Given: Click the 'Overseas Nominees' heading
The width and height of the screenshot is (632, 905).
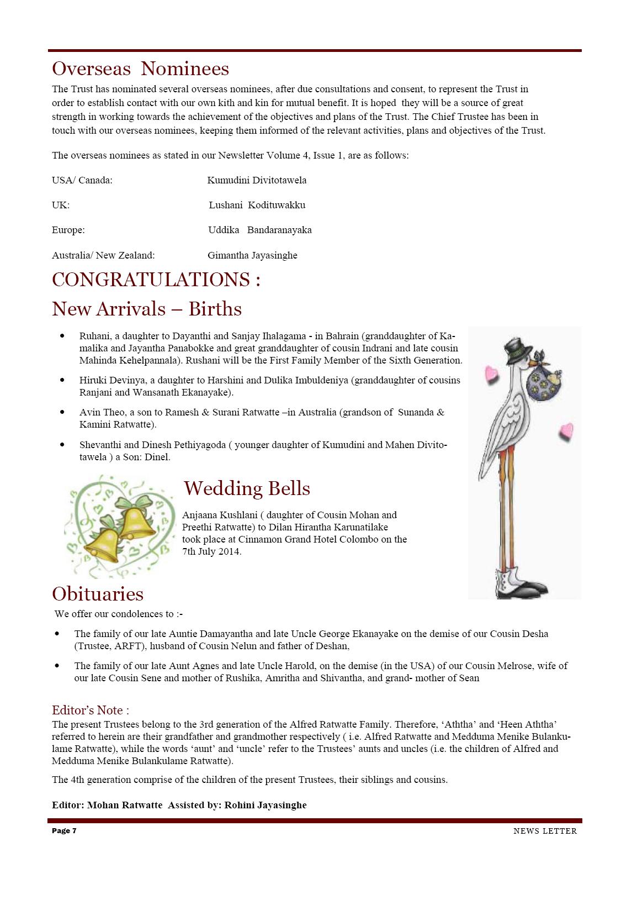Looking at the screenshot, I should coord(140,69).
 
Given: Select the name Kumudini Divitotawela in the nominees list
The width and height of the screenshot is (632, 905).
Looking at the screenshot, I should coord(257,180).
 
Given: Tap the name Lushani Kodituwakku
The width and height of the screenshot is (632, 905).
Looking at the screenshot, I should coord(257,205).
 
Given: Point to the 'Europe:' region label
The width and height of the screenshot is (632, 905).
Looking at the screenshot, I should coord(68,230).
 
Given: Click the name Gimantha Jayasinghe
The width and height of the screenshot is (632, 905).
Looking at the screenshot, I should coord(252,255).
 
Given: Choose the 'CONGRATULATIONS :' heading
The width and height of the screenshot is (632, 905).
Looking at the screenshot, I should coord(156,280).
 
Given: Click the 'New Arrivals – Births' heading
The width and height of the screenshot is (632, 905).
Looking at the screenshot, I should coord(147,308).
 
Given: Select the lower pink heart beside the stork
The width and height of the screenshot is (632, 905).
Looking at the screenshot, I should coord(566,431).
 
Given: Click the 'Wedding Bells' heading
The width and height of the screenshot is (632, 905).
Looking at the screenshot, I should coord(247,488).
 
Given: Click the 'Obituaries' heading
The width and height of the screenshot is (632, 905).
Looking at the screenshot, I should coord(98,593).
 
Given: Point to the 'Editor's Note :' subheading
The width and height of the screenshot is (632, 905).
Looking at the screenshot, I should coord(91,710).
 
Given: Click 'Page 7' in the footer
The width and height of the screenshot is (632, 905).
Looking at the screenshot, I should coord(64,831).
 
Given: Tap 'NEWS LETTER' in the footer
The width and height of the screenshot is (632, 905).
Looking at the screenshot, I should coord(545,831).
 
